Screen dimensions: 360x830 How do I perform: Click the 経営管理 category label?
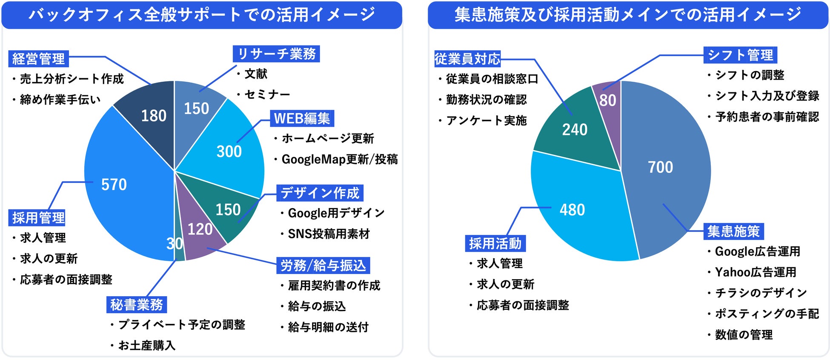coord(38,59)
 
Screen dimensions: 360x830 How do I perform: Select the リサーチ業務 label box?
coord(276,54)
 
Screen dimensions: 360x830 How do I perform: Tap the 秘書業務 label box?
coord(136,305)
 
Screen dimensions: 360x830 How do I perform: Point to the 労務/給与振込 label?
coord(323,266)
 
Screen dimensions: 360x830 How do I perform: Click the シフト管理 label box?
coord(740,55)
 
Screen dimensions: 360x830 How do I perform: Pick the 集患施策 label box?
coord(733,231)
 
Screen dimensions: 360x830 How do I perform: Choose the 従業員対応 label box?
coord(467,59)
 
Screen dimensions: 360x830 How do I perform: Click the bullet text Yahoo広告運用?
coord(756,272)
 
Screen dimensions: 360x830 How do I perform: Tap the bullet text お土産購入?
coord(147,346)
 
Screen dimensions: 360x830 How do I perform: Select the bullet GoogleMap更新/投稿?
coord(339,160)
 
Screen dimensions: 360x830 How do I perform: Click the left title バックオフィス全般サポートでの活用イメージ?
coord(202,15)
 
